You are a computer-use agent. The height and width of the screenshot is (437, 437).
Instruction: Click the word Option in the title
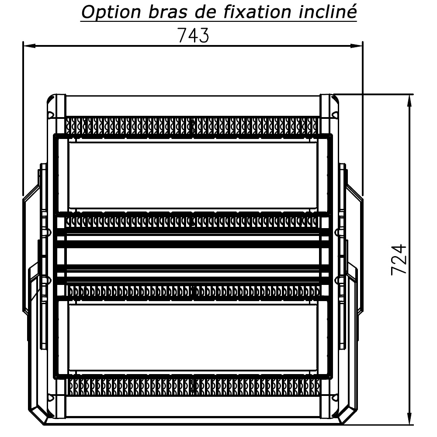(111, 13)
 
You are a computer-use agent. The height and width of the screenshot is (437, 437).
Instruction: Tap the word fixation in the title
(257, 12)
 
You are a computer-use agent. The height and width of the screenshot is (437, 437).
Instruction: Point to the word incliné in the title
(328, 12)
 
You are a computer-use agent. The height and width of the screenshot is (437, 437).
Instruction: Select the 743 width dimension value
(193, 35)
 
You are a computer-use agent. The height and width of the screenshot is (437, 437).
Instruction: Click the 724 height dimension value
(399, 260)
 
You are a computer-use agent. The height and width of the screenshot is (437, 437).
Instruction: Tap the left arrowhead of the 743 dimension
(29, 46)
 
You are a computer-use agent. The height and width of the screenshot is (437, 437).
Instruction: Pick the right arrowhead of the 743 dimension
(357, 46)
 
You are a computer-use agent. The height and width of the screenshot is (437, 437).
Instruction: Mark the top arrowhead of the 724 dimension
(409, 101)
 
